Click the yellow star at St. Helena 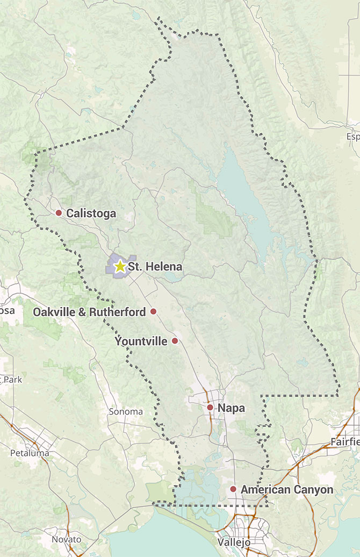click(120, 266)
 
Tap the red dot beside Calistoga click(59, 213)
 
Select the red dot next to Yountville click(175, 341)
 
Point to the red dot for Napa click(210, 408)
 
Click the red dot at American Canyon click(233, 489)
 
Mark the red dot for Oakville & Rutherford click(153, 311)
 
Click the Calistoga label click(91, 213)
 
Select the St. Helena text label click(155, 267)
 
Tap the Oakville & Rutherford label click(89, 312)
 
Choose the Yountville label click(141, 341)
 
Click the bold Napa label click(231, 408)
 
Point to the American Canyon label click(286, 490)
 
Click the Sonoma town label click(126, 412)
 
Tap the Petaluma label click(30, 453)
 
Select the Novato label click(66, 539)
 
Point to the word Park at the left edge click(12, 380)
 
